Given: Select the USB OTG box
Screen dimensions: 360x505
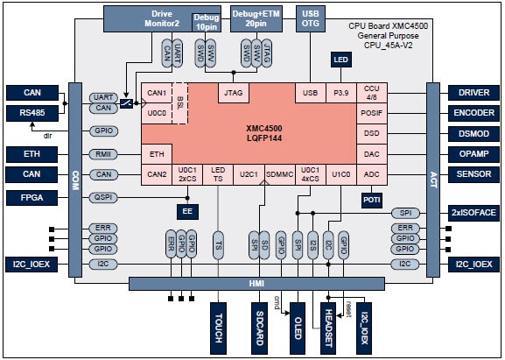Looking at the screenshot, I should pos(310,18).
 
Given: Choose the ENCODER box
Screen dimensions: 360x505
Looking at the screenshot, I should pos(473,112).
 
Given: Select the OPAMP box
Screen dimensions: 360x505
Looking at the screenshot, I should pos(473,154).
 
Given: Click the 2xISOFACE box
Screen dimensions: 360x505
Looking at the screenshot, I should pos(473,213).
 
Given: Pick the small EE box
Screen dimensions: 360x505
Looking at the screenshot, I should pos(186,211).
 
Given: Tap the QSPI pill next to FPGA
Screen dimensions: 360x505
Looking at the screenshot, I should pos(102,198).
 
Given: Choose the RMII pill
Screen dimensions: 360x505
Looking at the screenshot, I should pos(102,154).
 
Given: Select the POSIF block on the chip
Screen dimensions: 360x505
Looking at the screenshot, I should pos(372,113).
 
